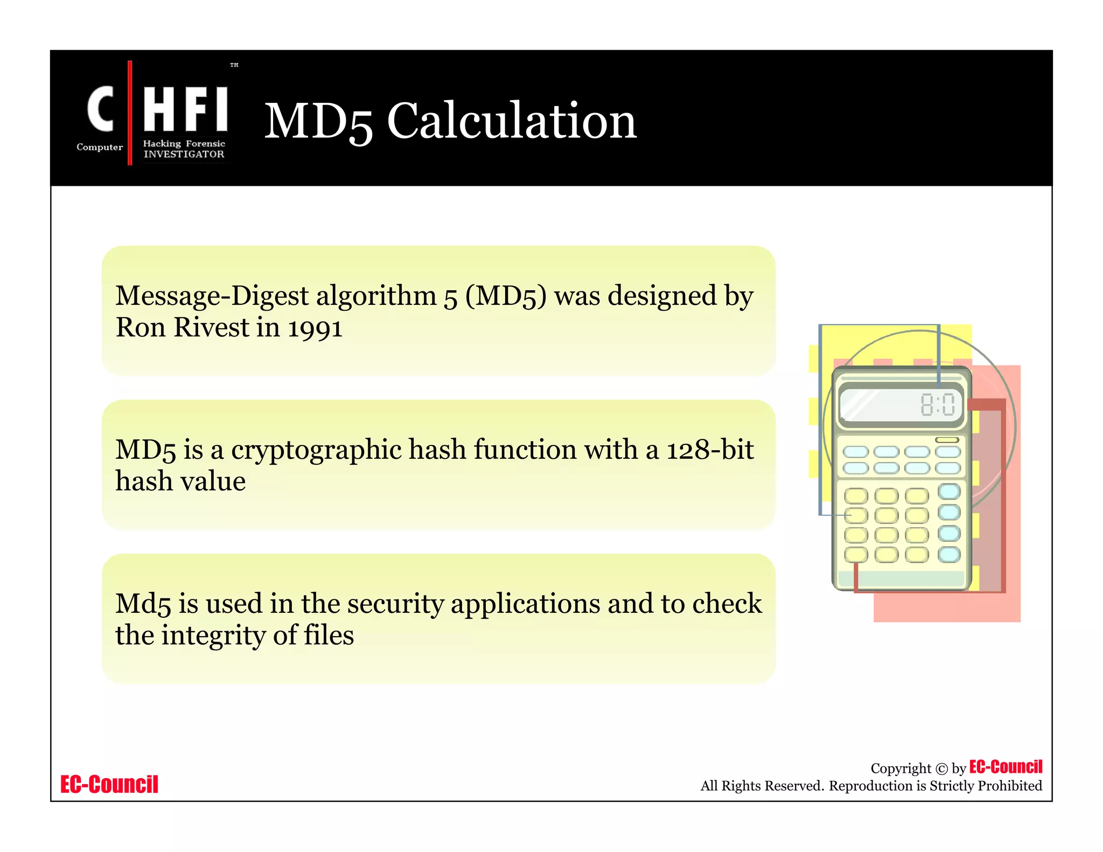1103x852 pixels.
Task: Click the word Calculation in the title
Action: click(x=512, y=121)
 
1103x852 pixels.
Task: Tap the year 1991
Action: click(x=315, y=328)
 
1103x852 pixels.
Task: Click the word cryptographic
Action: click(x=316, y=451)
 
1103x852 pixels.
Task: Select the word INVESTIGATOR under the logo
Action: click(x=184, y=154)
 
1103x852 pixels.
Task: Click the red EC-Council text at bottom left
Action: click(x=109, y=784)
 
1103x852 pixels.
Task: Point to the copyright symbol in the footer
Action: click(x=941, y=769)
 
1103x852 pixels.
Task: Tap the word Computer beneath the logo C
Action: click(x=100, y=147)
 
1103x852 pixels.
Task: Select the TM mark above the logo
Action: click(x=234, y=65)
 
